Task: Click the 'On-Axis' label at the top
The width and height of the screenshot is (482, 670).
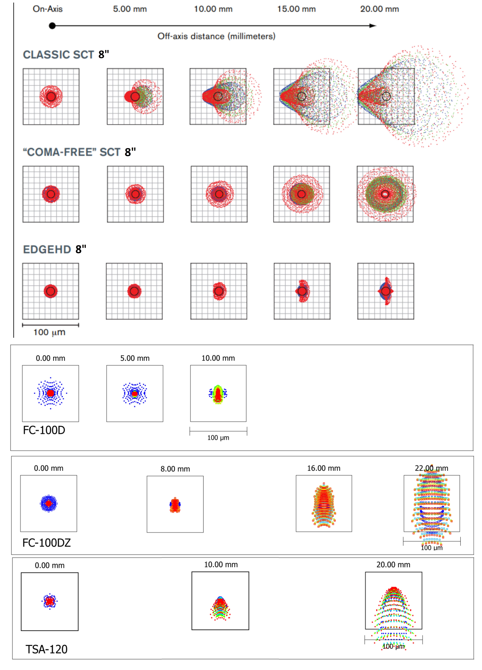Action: click(x=48, y=9)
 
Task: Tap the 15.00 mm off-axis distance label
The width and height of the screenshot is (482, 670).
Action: click(x=296, y=9)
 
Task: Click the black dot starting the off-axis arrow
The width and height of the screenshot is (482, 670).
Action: click(x=52, y=26)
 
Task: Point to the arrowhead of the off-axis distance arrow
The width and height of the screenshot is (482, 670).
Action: click(x=373, y=26)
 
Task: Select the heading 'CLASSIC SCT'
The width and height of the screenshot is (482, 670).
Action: click(x=58, y=55)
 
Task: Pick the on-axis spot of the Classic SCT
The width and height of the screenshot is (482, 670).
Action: click(x=51, y=97)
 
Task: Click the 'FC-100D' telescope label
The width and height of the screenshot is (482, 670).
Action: click(x=44, y=430)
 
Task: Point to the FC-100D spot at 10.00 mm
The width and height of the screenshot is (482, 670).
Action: click(x=218, y=394)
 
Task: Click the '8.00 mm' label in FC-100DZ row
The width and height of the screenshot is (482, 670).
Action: click(x=175, y=469)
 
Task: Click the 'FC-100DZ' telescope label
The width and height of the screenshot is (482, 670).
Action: click(x=47, y=543)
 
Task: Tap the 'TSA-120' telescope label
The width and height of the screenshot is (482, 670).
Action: click(x=47, y=649)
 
